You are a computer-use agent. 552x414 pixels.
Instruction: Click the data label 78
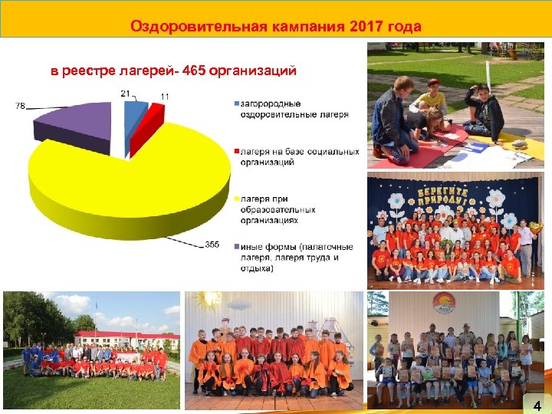tap(20, 107)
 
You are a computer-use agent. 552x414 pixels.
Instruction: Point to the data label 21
tap(125, 92)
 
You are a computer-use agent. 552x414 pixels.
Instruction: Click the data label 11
tap(165, 96)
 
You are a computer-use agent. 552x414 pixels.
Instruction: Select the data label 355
tap(212, 245)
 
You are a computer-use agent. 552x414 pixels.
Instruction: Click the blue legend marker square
tap(235, 103)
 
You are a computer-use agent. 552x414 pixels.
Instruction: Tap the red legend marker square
tap(235, 152)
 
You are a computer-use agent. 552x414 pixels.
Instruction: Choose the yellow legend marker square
tap(235, 199)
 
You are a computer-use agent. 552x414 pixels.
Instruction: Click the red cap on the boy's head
tap(435, 82)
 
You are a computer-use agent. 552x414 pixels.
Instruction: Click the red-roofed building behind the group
tap(127, 337)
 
